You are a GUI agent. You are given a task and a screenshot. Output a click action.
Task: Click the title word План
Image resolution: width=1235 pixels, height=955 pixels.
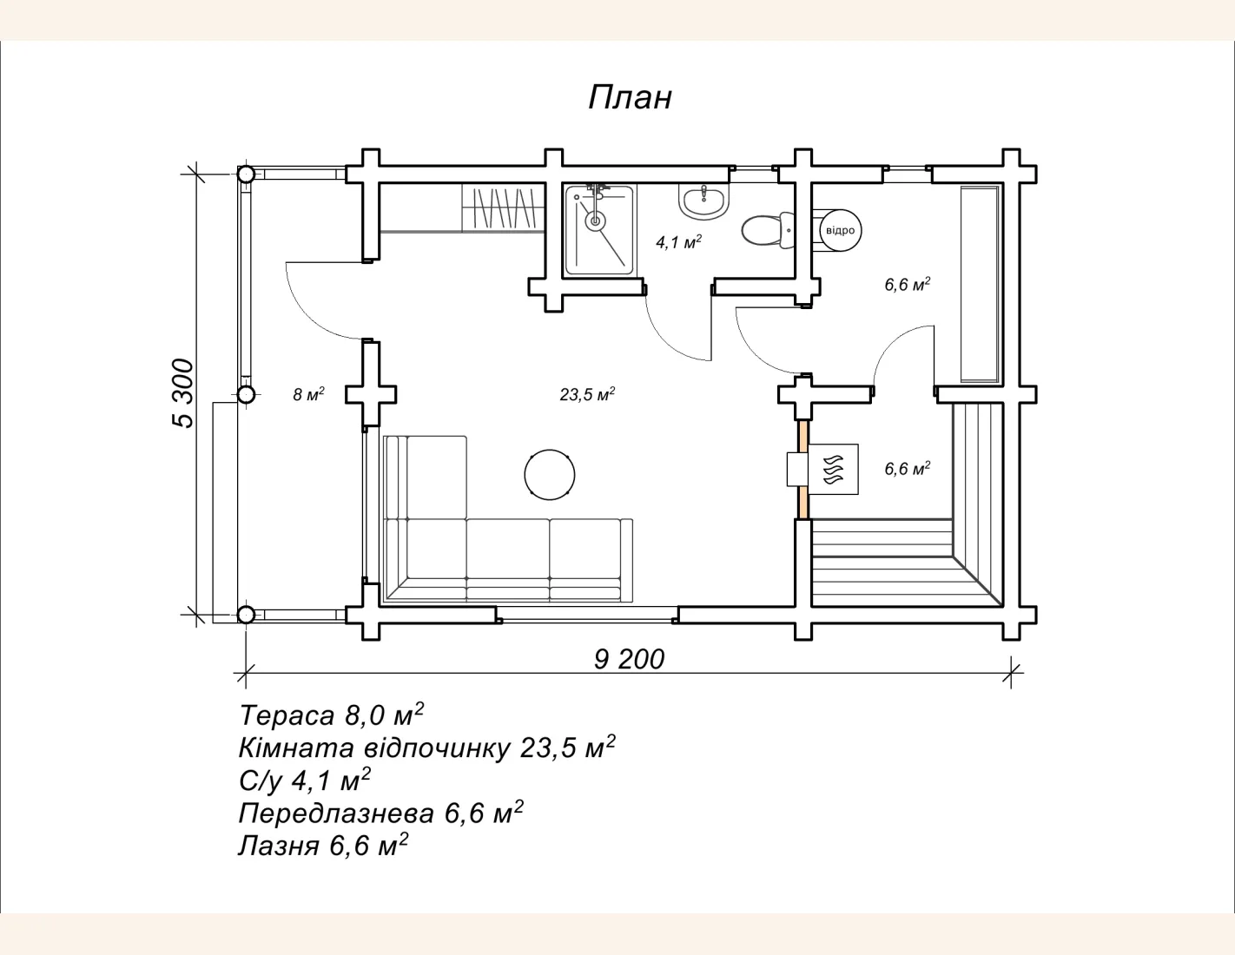coord(630,98)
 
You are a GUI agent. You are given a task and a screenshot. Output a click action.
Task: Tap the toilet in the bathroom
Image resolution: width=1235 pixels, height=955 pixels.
coord(767,231)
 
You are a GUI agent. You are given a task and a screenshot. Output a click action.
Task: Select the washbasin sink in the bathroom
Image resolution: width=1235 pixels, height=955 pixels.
coord(703,201)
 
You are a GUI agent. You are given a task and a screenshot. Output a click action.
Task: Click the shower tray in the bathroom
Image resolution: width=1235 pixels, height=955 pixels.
coord(599,230)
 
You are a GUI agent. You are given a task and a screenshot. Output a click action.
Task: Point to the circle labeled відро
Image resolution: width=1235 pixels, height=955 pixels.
coord(840,231)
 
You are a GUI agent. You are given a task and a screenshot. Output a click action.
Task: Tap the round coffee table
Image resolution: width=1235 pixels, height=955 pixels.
coord(550,475)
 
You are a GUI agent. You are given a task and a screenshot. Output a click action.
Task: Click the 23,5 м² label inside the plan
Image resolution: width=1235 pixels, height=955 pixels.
coord(588,394)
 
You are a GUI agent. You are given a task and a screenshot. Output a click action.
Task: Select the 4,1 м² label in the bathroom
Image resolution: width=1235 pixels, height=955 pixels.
coord(678,242)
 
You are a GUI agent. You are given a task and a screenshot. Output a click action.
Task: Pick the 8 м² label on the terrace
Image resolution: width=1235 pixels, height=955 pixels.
coord(308,394)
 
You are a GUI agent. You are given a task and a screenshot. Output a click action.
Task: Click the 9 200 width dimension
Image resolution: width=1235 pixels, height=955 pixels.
coord(629,660)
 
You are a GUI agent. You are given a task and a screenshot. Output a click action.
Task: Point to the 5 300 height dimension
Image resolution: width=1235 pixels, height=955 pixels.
coord(183,393)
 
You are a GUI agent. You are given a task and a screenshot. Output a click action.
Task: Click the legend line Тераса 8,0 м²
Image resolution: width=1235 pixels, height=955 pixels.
coord(332,715)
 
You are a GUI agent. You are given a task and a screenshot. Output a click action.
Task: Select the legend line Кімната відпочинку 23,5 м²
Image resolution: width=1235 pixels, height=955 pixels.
coord(426,748)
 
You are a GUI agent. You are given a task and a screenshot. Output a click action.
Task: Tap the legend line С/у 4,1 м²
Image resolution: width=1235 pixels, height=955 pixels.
coord(305,780)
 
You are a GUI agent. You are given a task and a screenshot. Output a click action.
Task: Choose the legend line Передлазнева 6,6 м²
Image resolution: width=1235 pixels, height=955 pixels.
coord(380,813)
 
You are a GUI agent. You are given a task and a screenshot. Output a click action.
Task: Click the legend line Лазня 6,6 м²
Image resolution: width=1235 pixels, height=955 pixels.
coord(323,846)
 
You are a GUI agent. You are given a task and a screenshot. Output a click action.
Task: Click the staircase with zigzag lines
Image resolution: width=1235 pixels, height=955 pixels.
coord(504,208)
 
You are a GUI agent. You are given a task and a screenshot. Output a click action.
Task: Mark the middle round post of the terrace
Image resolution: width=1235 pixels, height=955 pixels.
coord(246,394)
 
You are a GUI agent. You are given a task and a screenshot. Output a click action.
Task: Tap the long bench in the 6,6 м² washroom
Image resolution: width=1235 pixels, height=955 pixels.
coord(980,284)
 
